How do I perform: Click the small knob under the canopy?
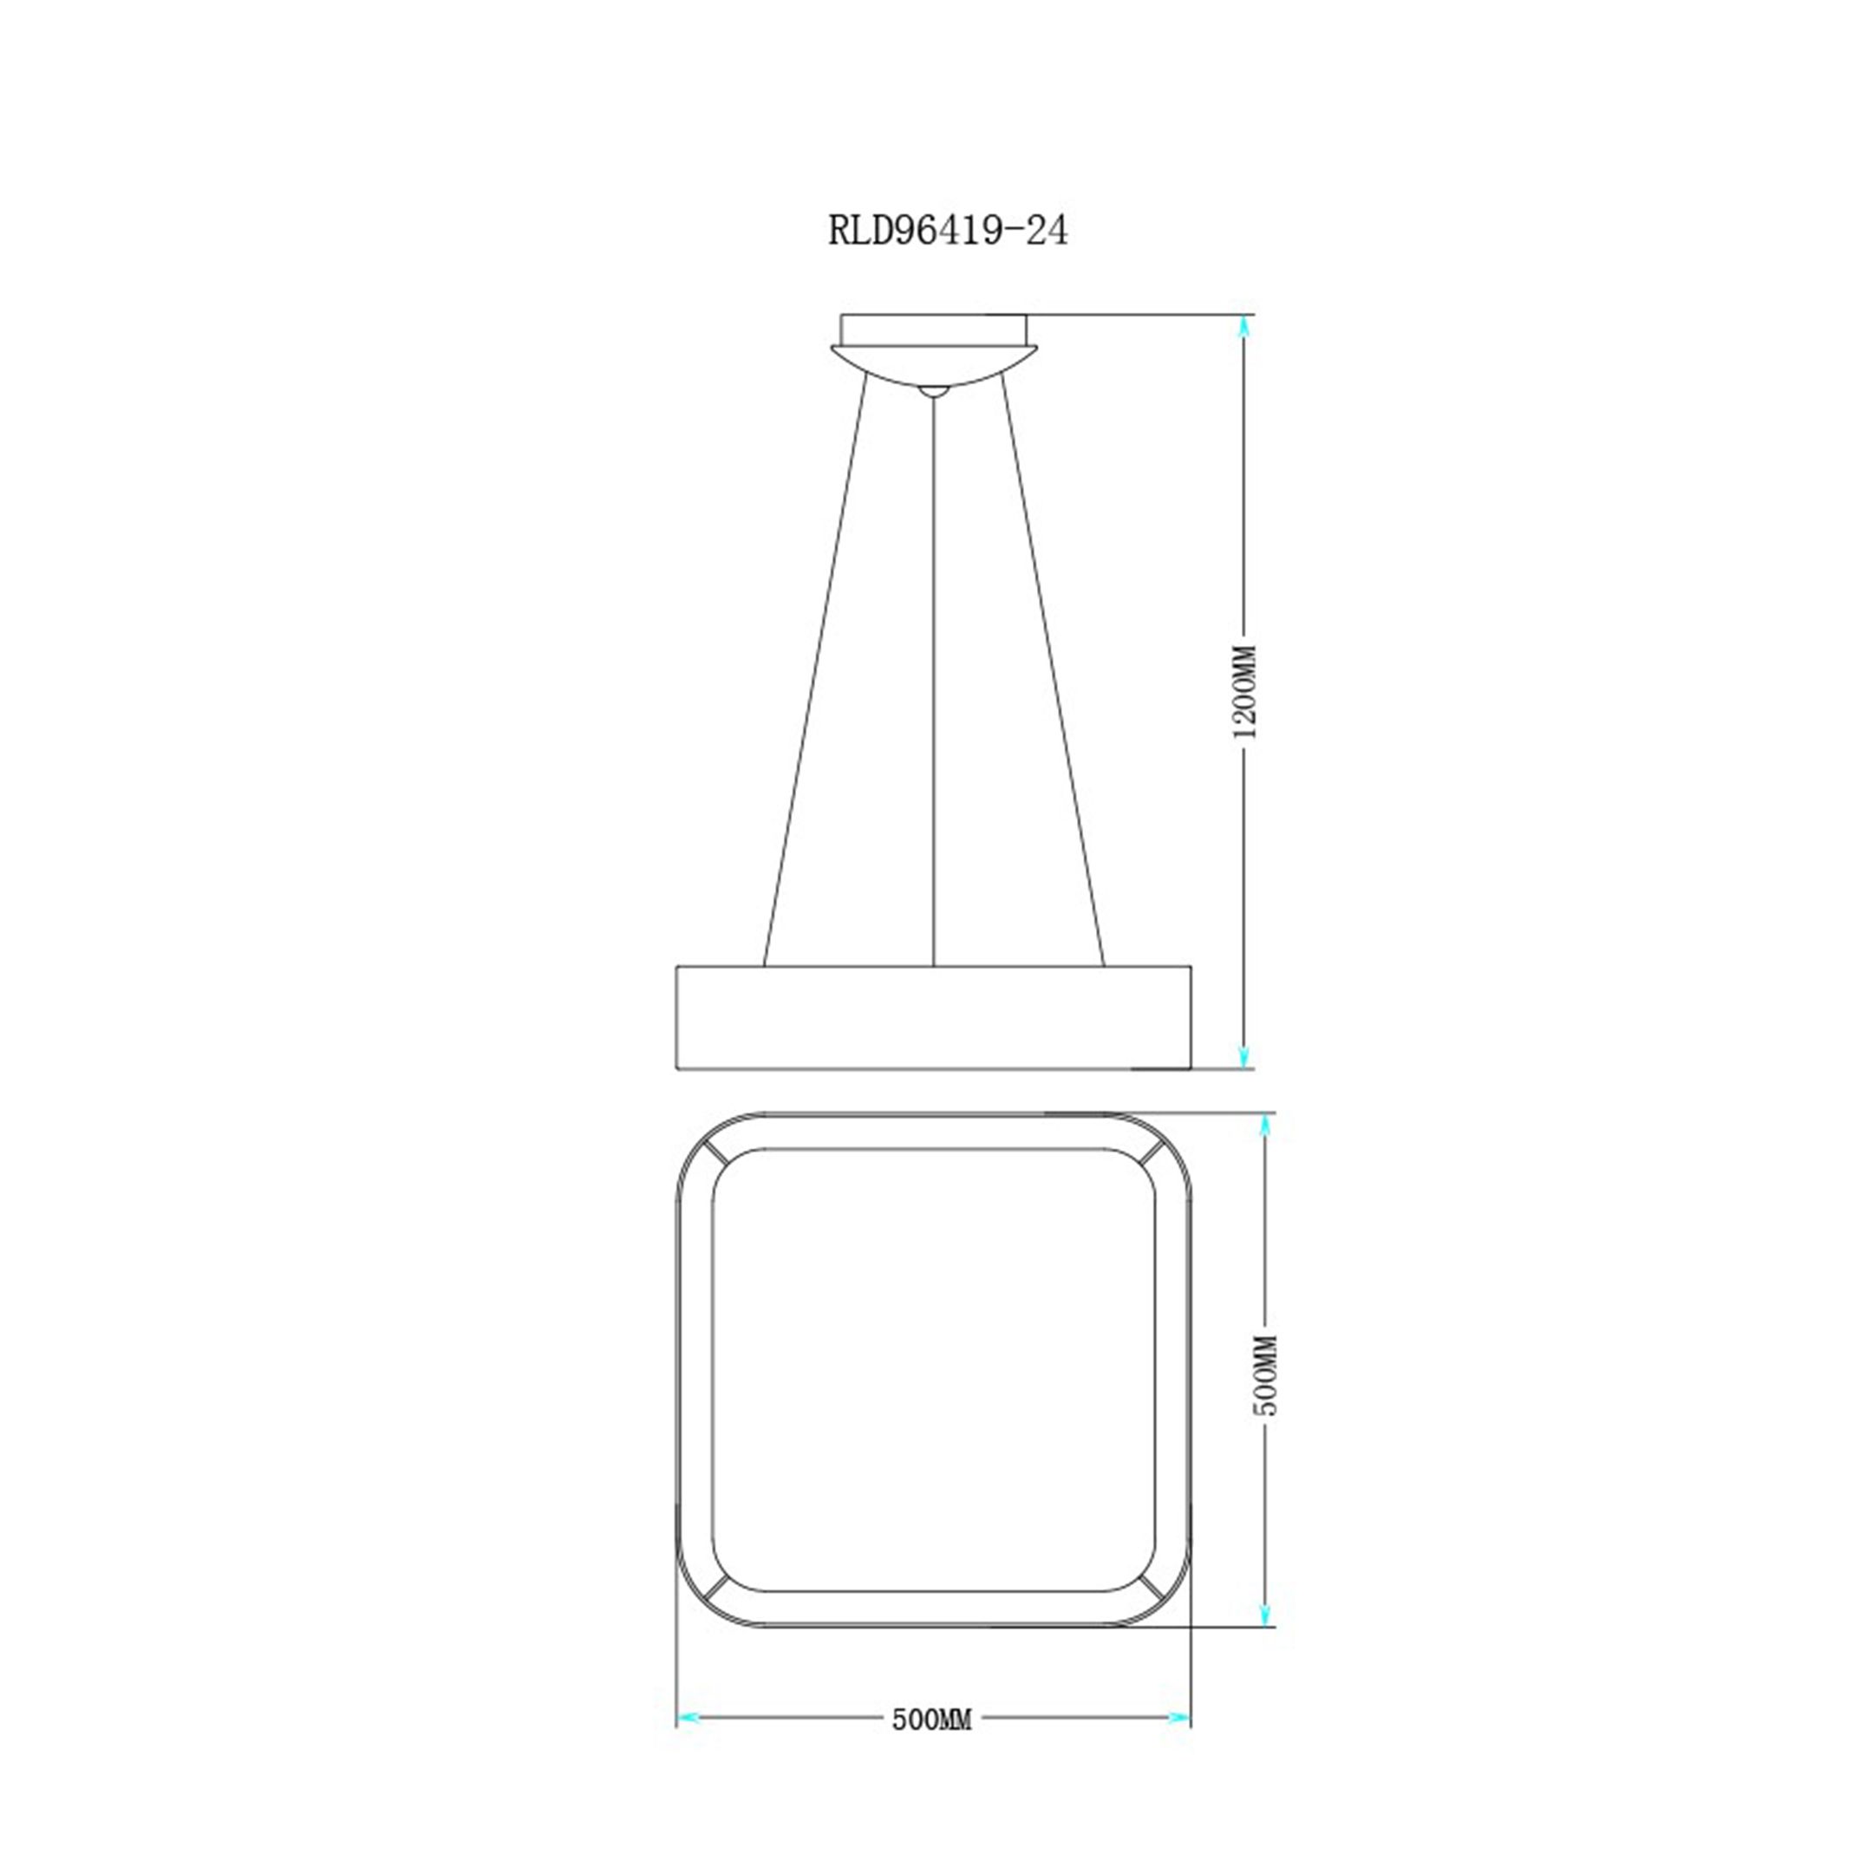coord(933,392)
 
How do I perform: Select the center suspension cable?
coord(933,674)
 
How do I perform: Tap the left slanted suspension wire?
coord(814,674)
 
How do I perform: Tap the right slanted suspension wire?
coord(1054,674)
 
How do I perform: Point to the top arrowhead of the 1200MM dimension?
coord(1245,327)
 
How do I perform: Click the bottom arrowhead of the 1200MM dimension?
coord(1245,1055)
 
